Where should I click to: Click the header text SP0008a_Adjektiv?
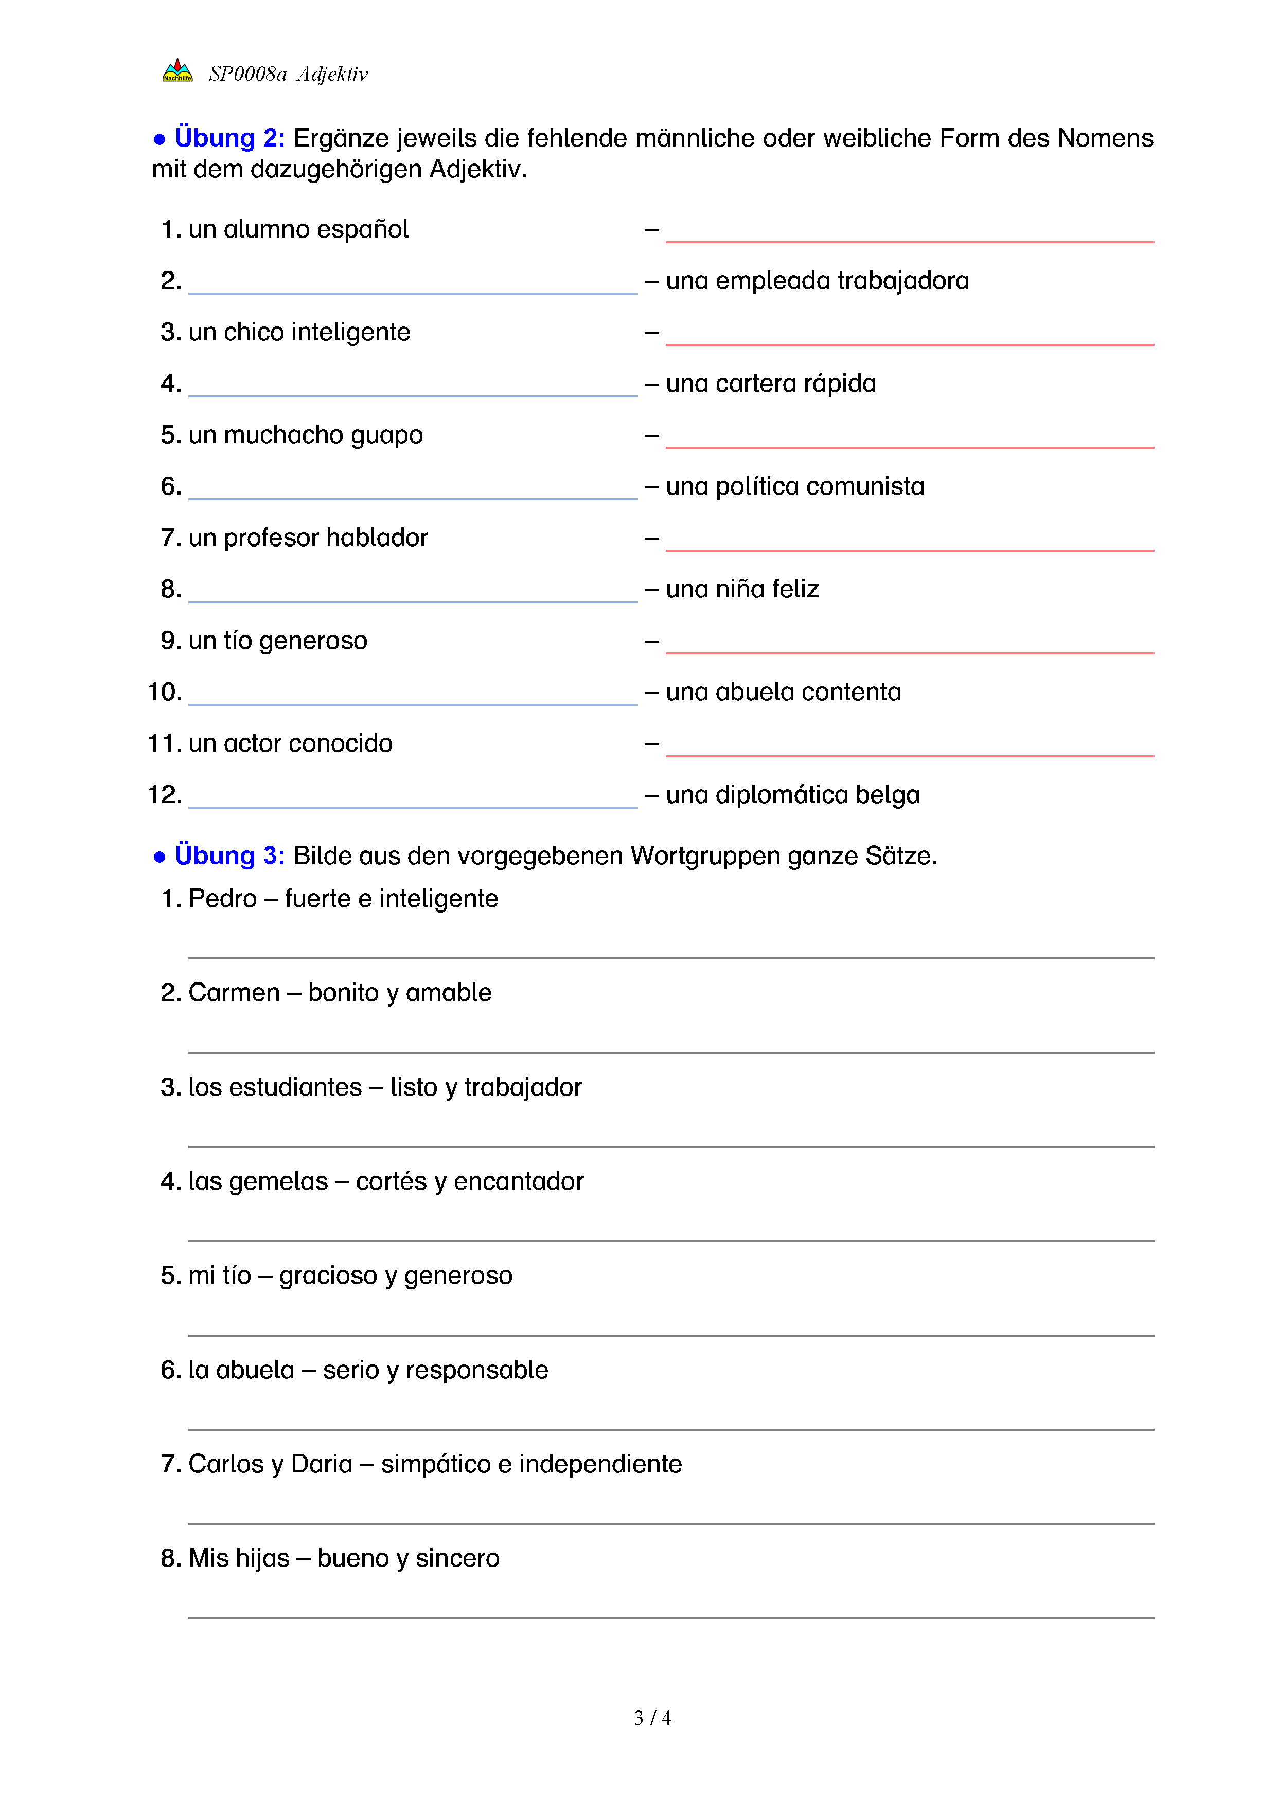pyautogui.click(x=288, y=74)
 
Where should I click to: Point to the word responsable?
pyautogui.click(x=476, y=1370)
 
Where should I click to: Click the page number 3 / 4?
pyautogui.click(x=652, y=1718)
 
